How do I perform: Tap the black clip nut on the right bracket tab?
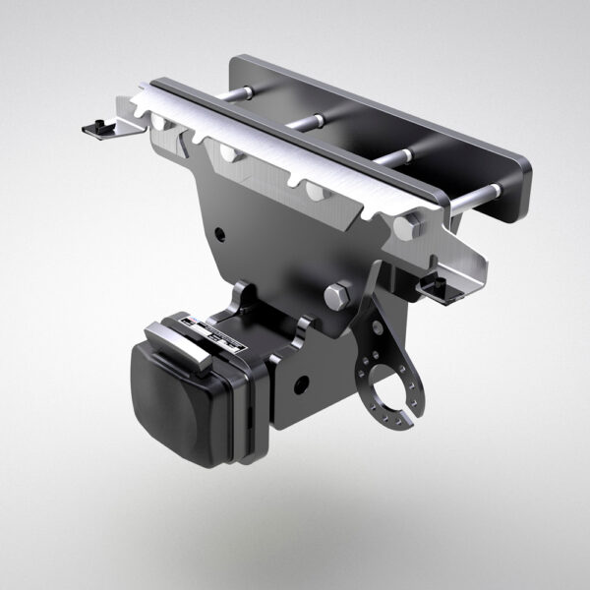tap(437, 284)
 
